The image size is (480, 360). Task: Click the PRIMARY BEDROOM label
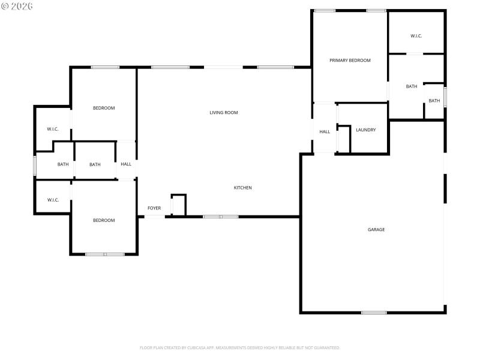coord(350,61)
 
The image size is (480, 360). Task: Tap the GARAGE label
coord(376,230)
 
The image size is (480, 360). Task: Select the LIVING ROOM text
coord(224,113)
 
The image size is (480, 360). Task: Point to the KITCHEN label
coord(242,188)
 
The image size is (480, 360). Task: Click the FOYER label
coord(154,208)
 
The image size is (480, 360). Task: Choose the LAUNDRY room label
coord(365,130)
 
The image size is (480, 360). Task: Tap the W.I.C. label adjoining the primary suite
coord(416,36)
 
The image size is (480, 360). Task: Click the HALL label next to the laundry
coord(325,132)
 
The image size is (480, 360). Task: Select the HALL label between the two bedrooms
coord(126,164)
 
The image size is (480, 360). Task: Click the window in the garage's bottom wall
coord(374,312)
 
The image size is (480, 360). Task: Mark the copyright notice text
coord(17,6)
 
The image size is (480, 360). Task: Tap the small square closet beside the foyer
coord(179,205)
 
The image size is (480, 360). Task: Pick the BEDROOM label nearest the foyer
coord(104,220)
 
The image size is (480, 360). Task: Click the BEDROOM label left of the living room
coord(104,108)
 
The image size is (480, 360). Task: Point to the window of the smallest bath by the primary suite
coord(445,97)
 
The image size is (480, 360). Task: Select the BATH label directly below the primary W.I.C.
coord(412,86)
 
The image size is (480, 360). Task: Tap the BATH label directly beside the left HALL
coord(95,164)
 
